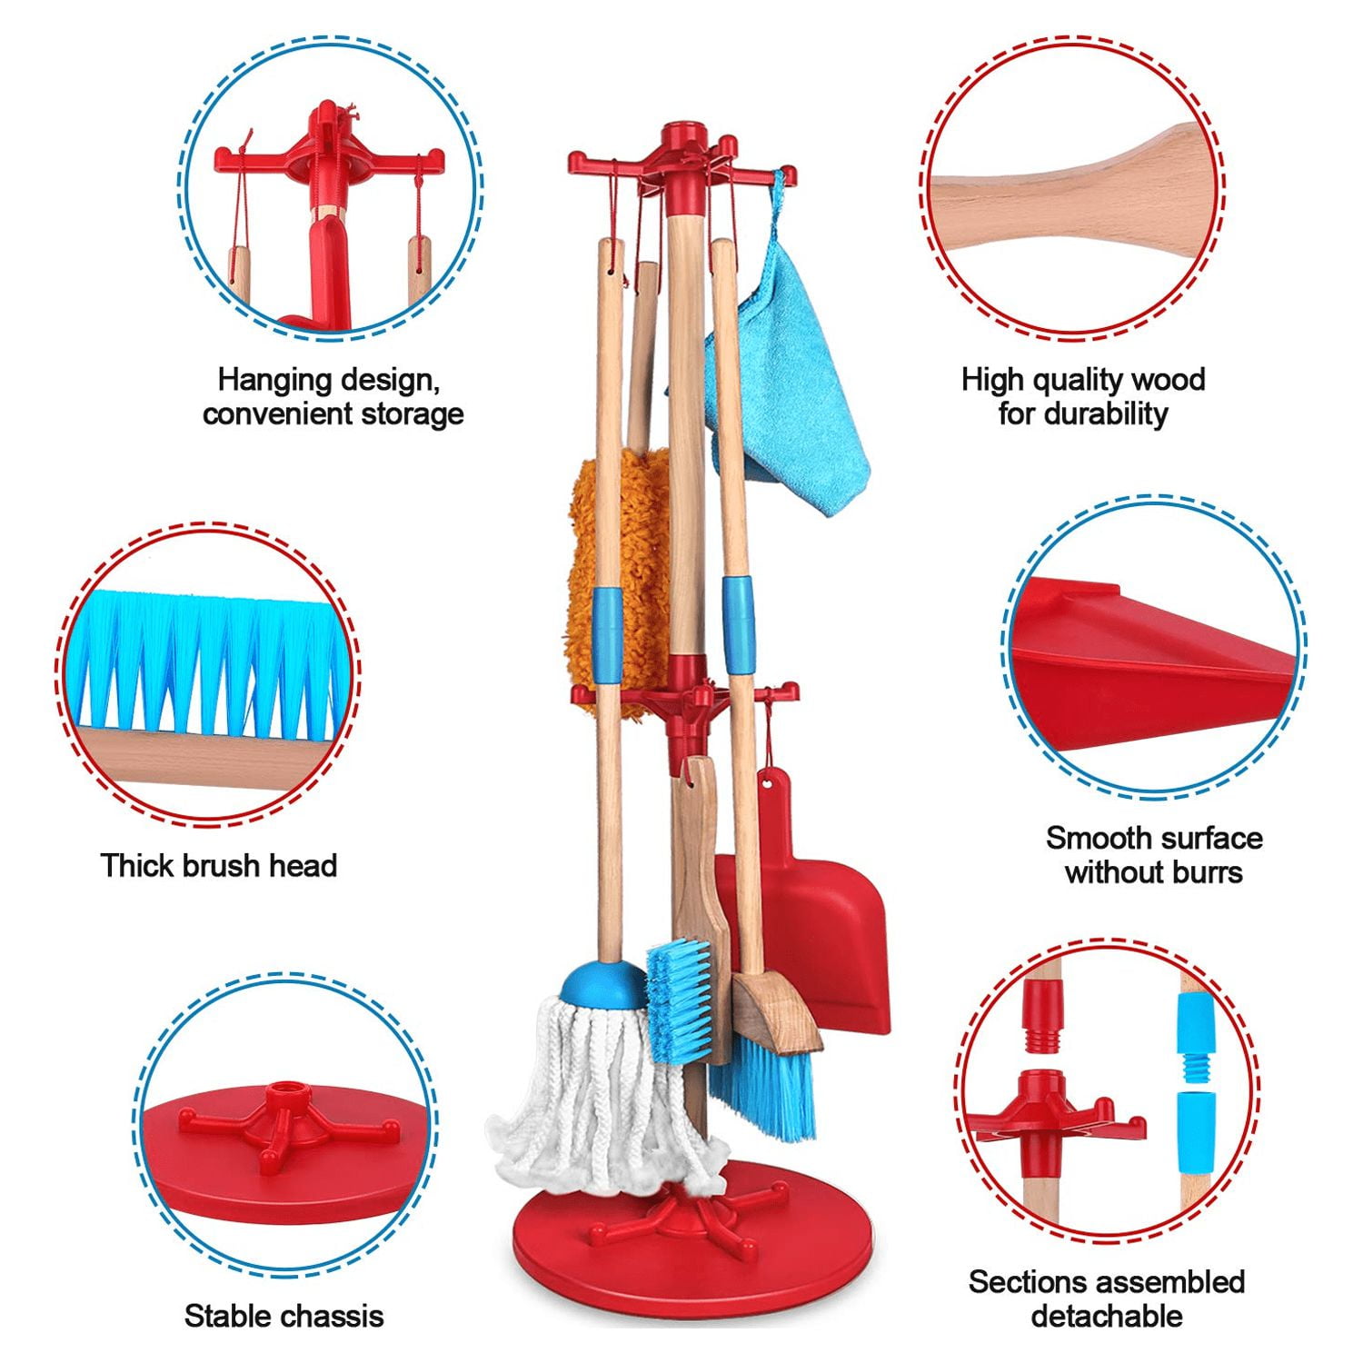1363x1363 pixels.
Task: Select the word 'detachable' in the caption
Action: click(x=1107, y=1315)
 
